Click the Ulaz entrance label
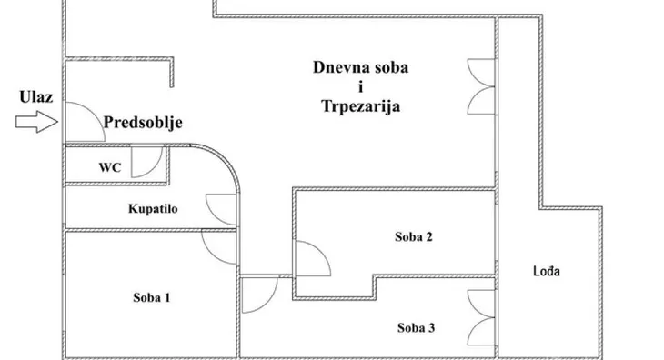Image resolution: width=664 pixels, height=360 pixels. point(34,96)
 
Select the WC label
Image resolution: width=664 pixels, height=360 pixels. point(109,166)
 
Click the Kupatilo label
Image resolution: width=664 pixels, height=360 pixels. point(152,208)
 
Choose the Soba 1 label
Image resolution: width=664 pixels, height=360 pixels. point(151,297)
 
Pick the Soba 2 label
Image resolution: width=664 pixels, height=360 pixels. point(413,237)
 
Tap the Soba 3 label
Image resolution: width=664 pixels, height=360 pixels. point(415,327)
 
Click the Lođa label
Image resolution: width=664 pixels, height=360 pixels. point(547,271)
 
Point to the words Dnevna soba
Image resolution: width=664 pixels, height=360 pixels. point(360,66)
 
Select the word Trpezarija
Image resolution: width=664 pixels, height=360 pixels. point(360,106)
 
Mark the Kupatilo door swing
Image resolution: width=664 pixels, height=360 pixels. point(221,208)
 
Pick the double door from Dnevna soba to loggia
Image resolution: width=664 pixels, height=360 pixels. point(479,84)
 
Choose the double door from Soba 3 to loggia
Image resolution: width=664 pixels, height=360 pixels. point(479,313)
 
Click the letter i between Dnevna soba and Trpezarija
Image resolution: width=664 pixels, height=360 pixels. point(360,86)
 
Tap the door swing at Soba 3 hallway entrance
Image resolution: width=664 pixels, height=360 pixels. point(259,294)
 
